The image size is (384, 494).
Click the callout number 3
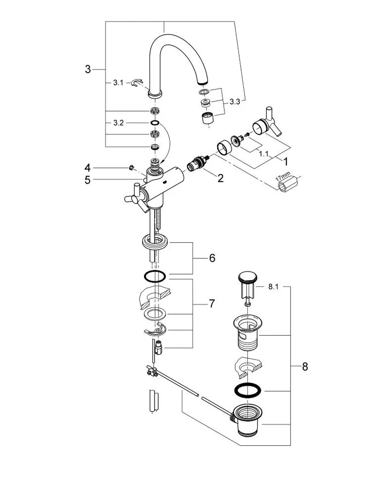88,69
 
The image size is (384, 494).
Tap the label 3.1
118,83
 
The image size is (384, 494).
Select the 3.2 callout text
118,123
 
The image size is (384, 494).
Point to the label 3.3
234,102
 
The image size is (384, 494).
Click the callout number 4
88,168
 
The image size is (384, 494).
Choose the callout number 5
87,180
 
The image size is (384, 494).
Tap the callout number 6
212,258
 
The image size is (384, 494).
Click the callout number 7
212,303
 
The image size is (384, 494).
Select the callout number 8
305,367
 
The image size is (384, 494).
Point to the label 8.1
273,287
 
